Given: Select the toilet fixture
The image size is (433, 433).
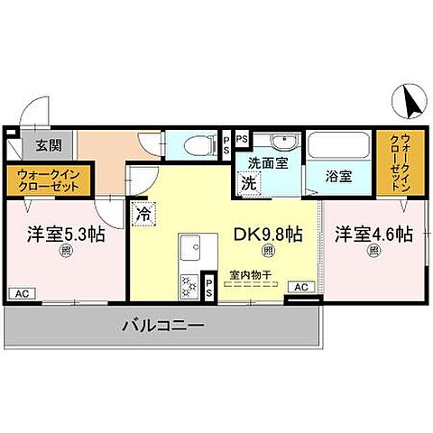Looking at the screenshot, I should pyautogui.click(x=194, y=144).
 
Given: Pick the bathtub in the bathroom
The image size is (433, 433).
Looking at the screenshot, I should pyautogui.click(x=339, y=147).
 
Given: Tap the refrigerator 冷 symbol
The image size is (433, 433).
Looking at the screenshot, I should pyautogui.click(x=144, y=214).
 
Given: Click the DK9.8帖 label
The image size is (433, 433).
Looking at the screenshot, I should pyautogui.click(x=268, y=233).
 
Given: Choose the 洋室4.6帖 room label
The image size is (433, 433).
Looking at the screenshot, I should pyautogui.click(x=374, y=234).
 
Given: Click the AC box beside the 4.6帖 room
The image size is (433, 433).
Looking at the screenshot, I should pyautogui.click(x=300, y=286).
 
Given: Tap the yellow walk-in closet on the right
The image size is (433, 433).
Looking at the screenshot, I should pyautogui.click(x=395, y=164).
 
